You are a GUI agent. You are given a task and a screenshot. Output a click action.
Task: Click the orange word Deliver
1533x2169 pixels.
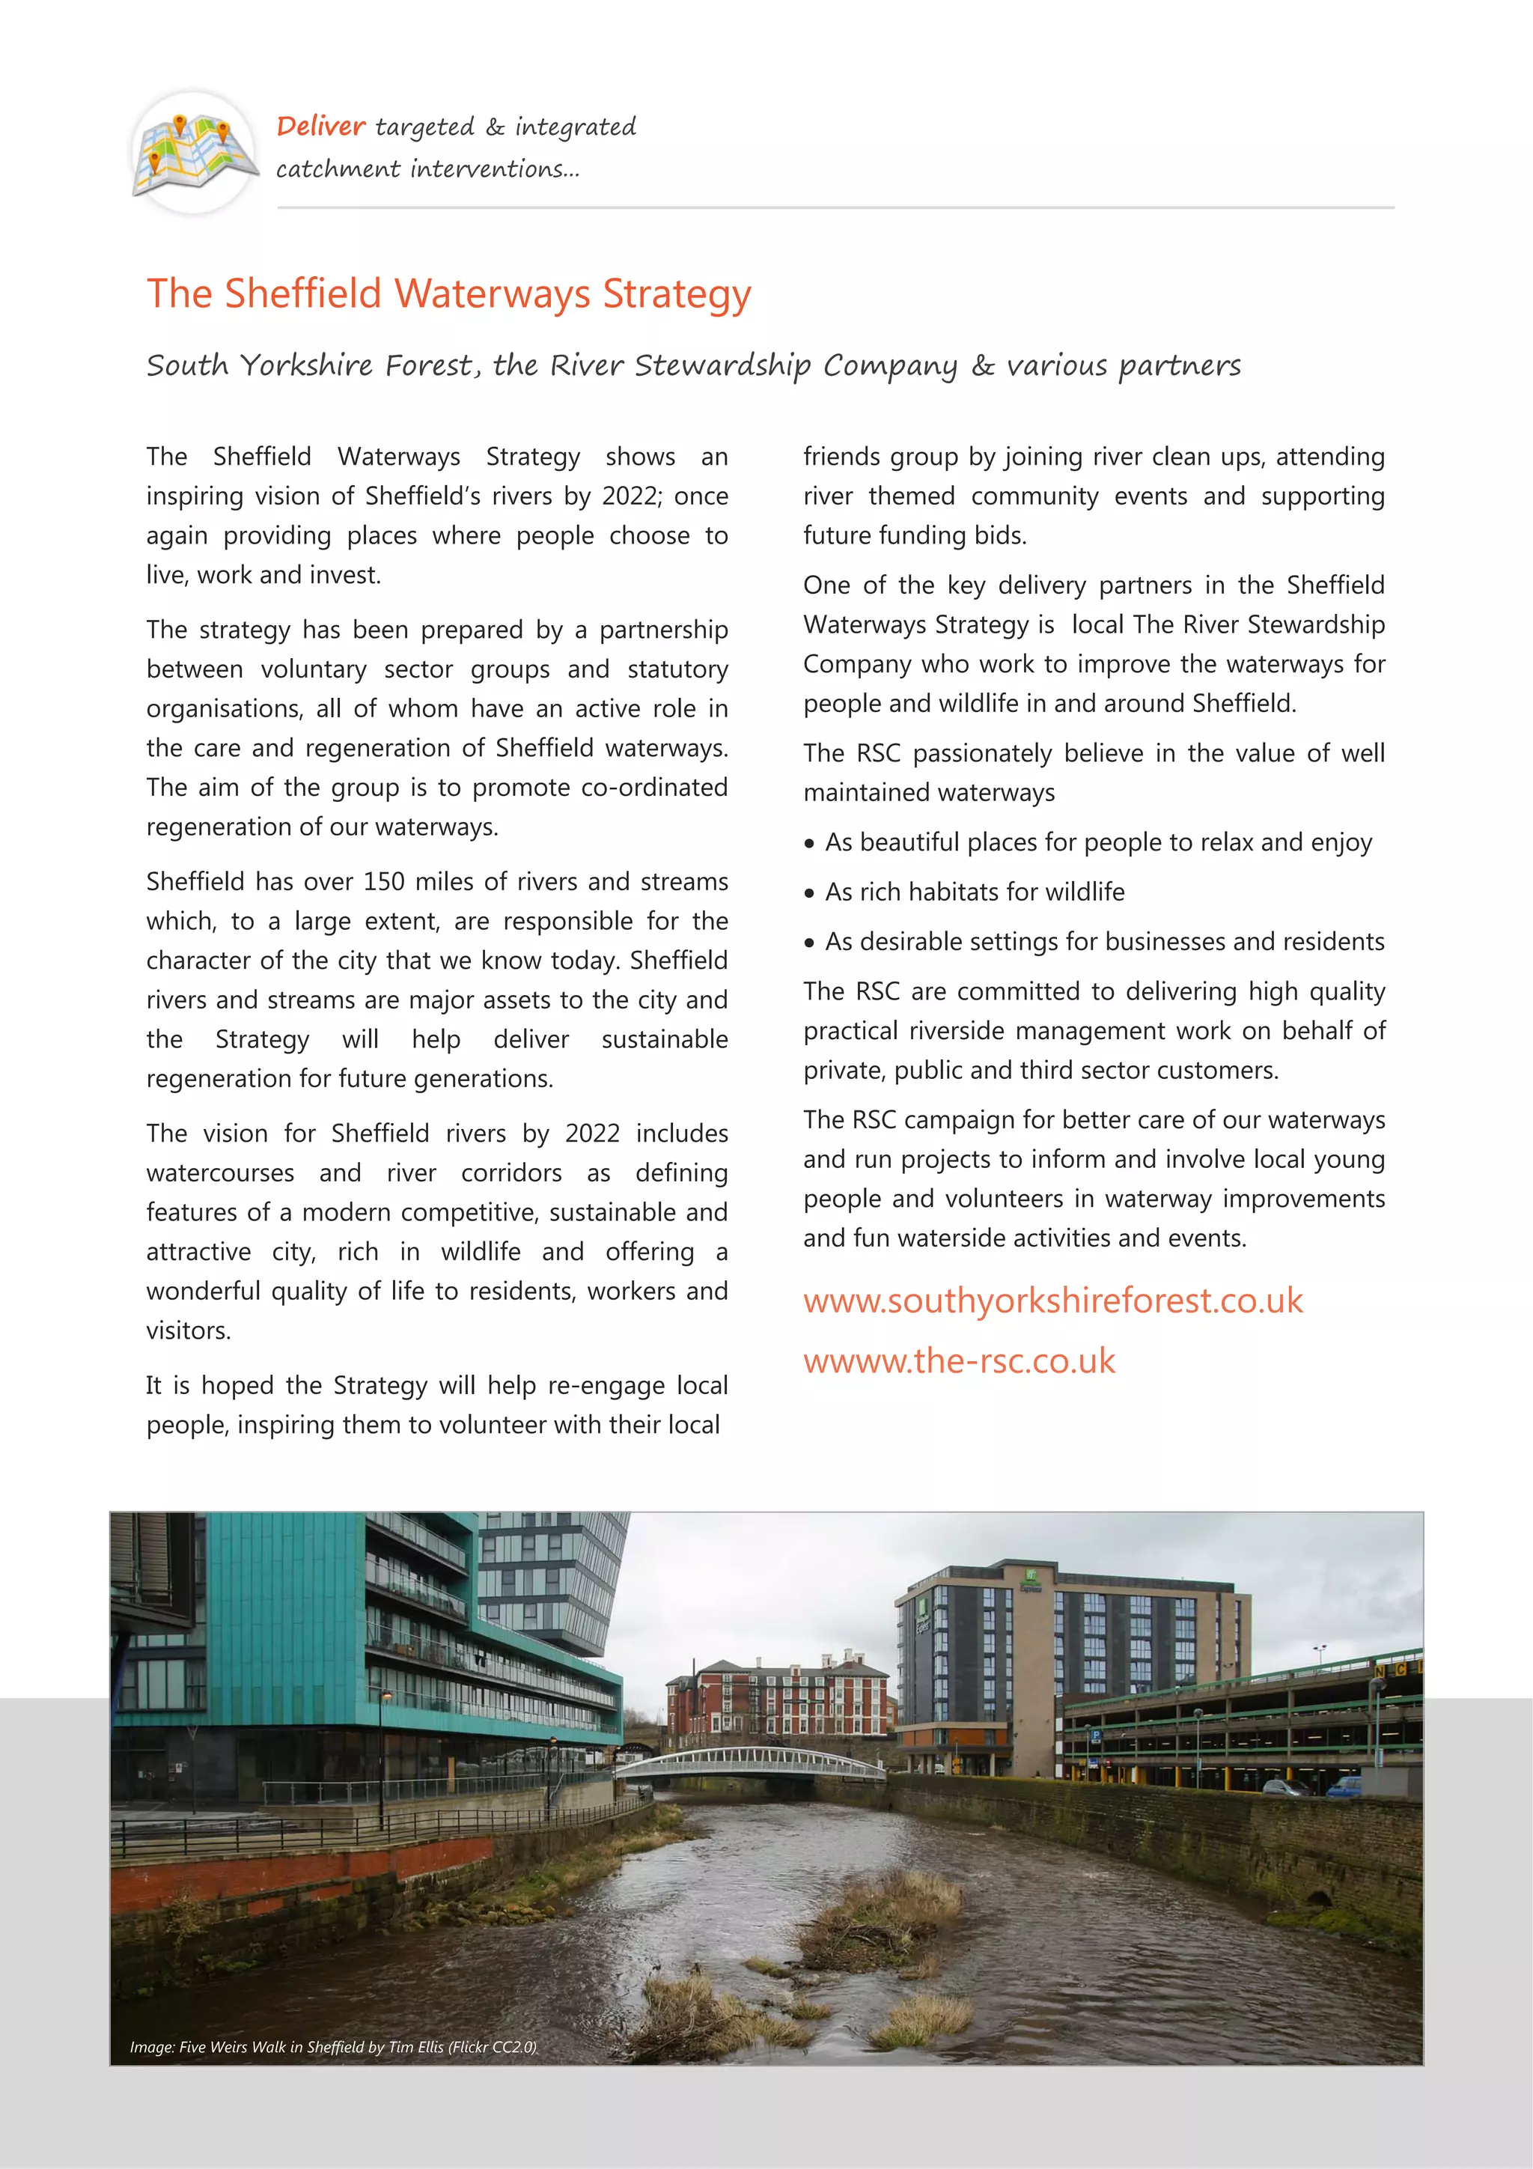pyautogui.click(x=320, y=126)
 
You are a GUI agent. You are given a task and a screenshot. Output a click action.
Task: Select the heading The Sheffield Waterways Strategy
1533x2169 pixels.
pyautogui.click(x=448, y=293)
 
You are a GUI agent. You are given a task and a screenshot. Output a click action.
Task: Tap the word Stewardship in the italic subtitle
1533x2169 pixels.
pyautogui.click(x=722, y=365)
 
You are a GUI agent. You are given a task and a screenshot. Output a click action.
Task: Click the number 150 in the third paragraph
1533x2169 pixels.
pyautogui.click(x=383, y=881)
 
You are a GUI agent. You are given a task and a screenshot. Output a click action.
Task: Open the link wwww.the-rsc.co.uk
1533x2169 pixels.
pyautogui.click(x=959, y=1361)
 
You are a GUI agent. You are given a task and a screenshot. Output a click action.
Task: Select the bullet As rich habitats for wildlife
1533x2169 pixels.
pyautogui.click(x=974, y=892)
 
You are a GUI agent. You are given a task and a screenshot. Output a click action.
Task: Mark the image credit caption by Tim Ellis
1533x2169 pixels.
pyautogui.click(x=332, y=2047)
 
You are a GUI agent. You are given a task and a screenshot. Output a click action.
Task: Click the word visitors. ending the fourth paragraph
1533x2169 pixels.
pyautogui.click(x=188, y=1330)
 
